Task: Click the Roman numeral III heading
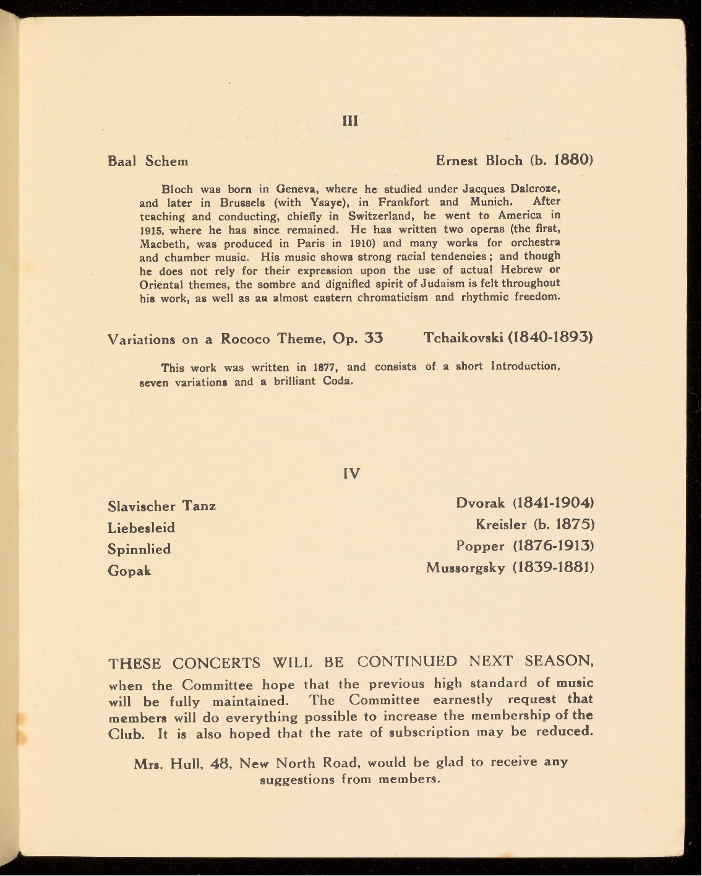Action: coord(350,121)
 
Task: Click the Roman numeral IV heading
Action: coord(351,474)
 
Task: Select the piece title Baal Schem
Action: coord(148,161)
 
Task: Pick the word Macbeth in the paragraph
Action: coord(160,243)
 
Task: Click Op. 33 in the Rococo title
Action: coord(357,338)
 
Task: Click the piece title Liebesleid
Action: coord(141,528)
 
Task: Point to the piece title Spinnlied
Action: coord(139,549)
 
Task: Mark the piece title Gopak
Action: coord(129,571)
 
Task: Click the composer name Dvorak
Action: coord(481,503)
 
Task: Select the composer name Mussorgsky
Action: coord(466,568)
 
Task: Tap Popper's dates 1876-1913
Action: coord(554,546)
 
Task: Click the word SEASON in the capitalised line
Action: coord(559,661)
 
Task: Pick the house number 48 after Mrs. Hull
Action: coord(220,763)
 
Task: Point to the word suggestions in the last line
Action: coord(298,779)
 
